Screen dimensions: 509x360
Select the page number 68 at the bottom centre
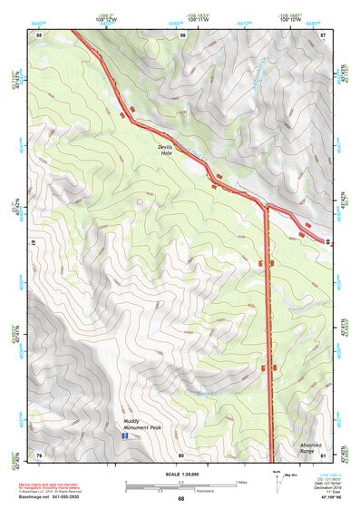point(180,498)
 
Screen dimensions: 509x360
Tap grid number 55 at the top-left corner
point(39,34)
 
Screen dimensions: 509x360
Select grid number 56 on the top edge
point(182,34)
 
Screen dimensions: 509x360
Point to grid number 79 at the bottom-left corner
point(39,455)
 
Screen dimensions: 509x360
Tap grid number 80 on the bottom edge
point(180,455)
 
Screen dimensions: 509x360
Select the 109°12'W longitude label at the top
point(106,18)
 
